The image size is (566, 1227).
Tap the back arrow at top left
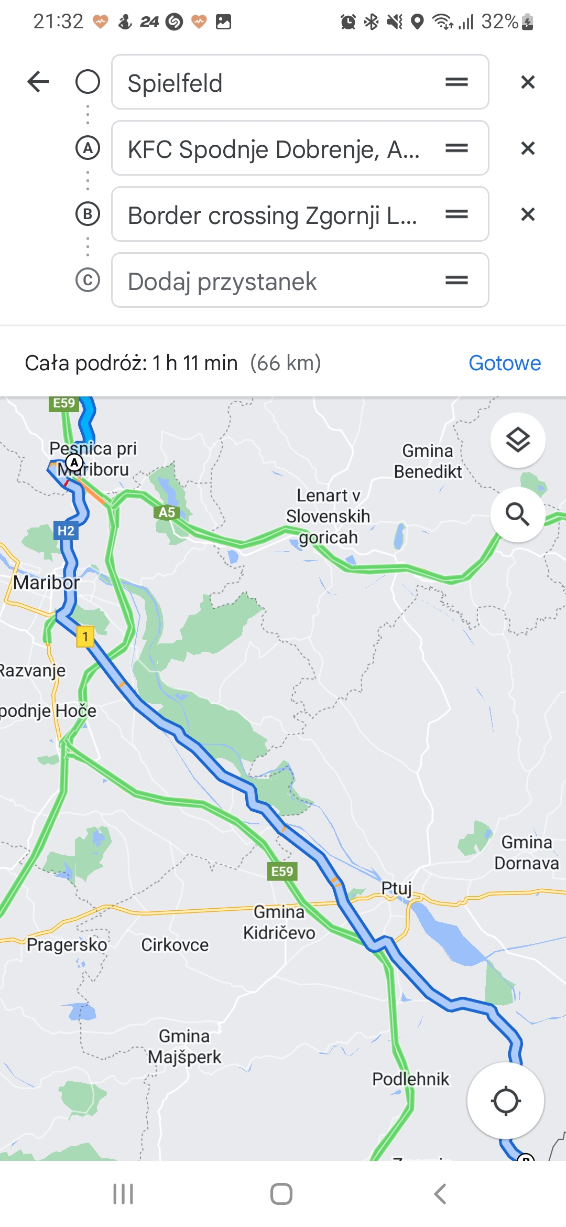point(38,82)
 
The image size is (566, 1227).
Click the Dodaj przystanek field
point(278,281)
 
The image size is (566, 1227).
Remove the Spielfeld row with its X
point(528,82)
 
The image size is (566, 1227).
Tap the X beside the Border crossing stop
point(528,214)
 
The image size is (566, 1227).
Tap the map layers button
point(518,440)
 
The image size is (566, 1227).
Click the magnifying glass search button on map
point(518,514)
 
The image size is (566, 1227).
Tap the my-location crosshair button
point(506,1101)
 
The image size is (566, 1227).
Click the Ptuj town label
point(396,888)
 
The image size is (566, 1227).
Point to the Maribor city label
point(46,583)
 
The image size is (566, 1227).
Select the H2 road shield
point(66,531)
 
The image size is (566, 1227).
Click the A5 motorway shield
point(167,512)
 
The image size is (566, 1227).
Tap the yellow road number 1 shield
point(85,637)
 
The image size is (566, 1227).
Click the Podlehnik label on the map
point(410,1079)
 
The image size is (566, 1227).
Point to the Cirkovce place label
point(175,945)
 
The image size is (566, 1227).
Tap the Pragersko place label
point(67,944)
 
